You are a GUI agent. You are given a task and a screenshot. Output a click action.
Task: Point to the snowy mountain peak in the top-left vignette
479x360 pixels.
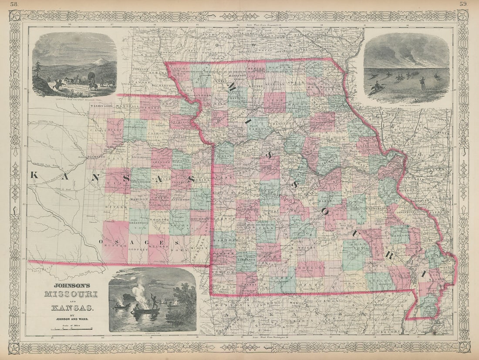point(100,61)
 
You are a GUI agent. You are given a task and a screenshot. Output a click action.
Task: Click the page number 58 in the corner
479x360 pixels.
point(14,4)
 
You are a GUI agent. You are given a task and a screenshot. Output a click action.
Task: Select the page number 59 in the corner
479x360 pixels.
point(463,4)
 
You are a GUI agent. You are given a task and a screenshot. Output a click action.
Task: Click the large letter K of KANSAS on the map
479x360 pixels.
point(35,175)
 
